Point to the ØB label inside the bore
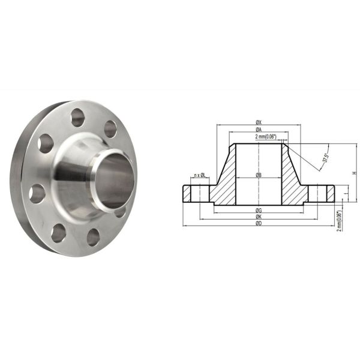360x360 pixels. pos(258,175)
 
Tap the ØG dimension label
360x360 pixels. pos(258,210)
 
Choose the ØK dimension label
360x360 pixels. pos(258,217)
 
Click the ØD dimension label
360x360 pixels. pos(258,223)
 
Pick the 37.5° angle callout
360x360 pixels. pos(326,157)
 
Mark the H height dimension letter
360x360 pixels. pos(354,173)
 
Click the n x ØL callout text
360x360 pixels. pos(199,175)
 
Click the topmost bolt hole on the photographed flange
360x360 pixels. pos(78,118)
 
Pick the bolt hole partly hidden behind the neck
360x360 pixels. pos(120,211)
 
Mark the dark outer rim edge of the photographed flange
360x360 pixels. pos(17,180)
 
